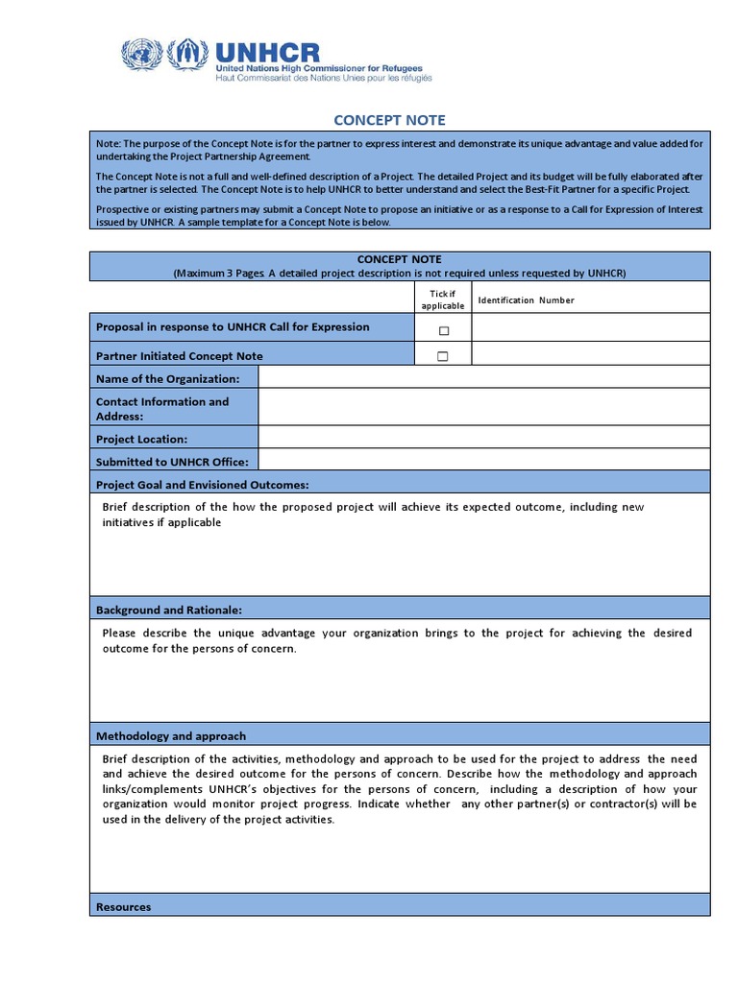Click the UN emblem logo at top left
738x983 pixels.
pos(142,54)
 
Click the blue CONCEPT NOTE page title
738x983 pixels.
pos(389,120)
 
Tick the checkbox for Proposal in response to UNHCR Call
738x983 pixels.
pos(443,330)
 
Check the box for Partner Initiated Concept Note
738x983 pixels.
pos(443,356)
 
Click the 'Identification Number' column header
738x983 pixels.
pos(526,300)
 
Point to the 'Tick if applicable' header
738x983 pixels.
pos(442,300)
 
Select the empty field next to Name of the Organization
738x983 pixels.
pos(484,378)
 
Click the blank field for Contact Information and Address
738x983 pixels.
pos(484,408)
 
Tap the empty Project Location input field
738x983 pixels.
pos(484,438)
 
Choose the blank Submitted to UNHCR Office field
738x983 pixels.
pos(484,461)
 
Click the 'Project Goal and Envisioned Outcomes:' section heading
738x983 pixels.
pos(202,485)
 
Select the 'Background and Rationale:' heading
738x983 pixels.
pos(169,610)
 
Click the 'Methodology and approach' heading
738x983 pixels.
pos(171,736)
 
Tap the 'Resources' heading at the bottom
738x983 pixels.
pos(123,906)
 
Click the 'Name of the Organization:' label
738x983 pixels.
pos(167,379)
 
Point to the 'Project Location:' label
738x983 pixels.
pos(141,439)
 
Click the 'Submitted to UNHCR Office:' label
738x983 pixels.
pos(172,462)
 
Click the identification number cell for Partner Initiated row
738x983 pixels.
pos(591,355)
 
